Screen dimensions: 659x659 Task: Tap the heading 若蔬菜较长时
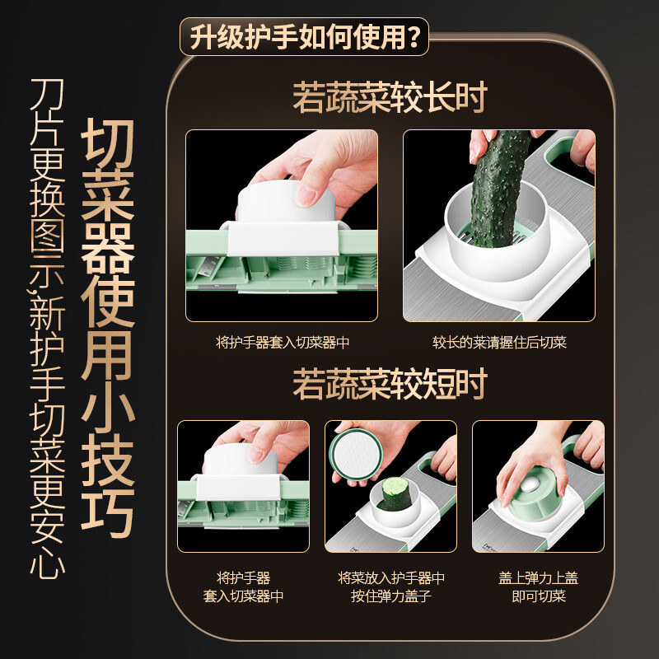(x=390, y=98)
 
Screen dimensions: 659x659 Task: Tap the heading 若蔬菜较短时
(x=390, y=384)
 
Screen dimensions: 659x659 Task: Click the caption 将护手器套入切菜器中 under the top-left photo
(x=282, y=342)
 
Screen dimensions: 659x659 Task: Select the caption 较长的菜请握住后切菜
(x=499, y=342)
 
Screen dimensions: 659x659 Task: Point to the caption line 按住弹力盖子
(x=391, y=596)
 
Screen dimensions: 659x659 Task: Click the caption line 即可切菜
(x=538, y=596)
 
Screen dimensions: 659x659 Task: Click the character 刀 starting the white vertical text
(x=45, y=99)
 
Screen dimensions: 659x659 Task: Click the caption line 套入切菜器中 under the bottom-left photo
(x=243, y=596)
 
